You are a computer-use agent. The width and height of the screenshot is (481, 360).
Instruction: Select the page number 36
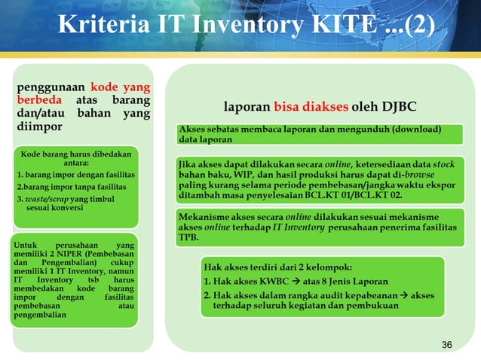[x=446, y=344]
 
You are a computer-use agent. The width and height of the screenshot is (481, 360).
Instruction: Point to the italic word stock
[x=443, y=163]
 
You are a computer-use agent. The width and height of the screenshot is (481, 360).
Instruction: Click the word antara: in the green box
[x=75, y=163]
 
